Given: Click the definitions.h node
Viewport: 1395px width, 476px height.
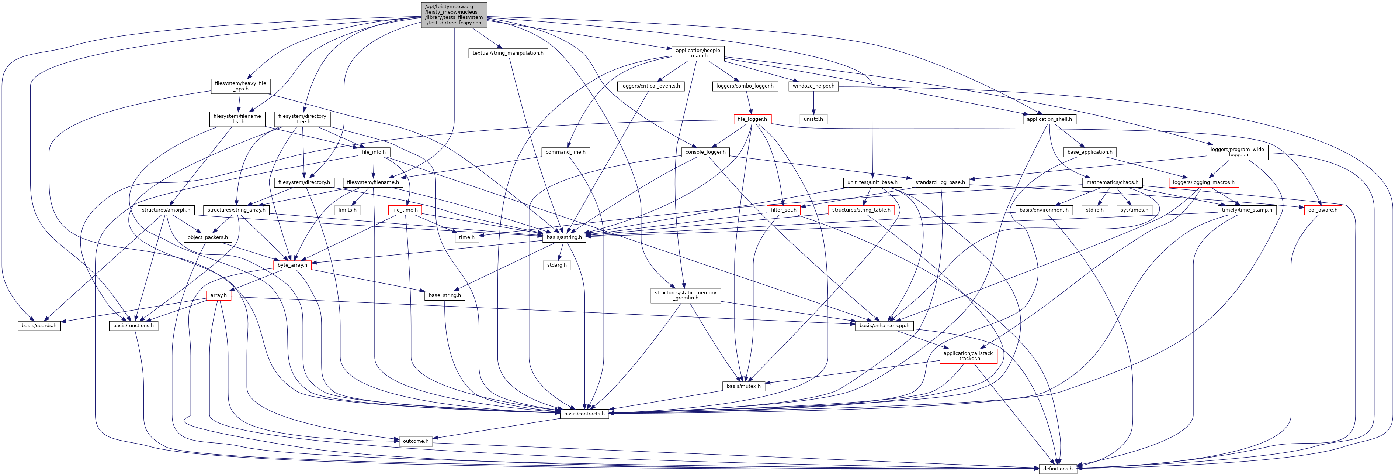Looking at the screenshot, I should click(x=1058, y=468).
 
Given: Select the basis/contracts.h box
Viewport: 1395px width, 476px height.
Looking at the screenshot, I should click(x=584, y=414).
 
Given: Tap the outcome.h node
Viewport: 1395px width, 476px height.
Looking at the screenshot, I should click(x=415, y=441).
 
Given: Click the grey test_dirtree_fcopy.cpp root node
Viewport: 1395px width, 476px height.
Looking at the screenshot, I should click(x=454, y=15).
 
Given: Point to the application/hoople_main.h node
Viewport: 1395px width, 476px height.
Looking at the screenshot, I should click(x=698, y=53).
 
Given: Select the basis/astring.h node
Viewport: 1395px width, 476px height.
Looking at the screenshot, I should click(x=564, y=237).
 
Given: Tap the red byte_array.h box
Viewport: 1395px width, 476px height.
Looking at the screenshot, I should click(x=292, y=265).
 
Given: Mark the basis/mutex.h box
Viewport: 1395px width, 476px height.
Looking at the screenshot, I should click(x=743, y=386).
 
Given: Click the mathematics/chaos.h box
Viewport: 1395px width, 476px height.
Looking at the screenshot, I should click(x=1112, y=182).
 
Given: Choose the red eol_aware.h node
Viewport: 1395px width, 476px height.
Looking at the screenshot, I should click(x=1322, y=210).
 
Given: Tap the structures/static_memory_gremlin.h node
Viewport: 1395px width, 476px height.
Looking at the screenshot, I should click(x=685, y=295).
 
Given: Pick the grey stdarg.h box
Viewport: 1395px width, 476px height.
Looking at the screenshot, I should click(x=557, y=265).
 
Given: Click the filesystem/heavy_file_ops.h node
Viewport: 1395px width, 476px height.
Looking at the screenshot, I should click(x=240, y=86).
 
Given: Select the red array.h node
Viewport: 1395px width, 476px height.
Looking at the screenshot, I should click(x=218, y=295).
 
